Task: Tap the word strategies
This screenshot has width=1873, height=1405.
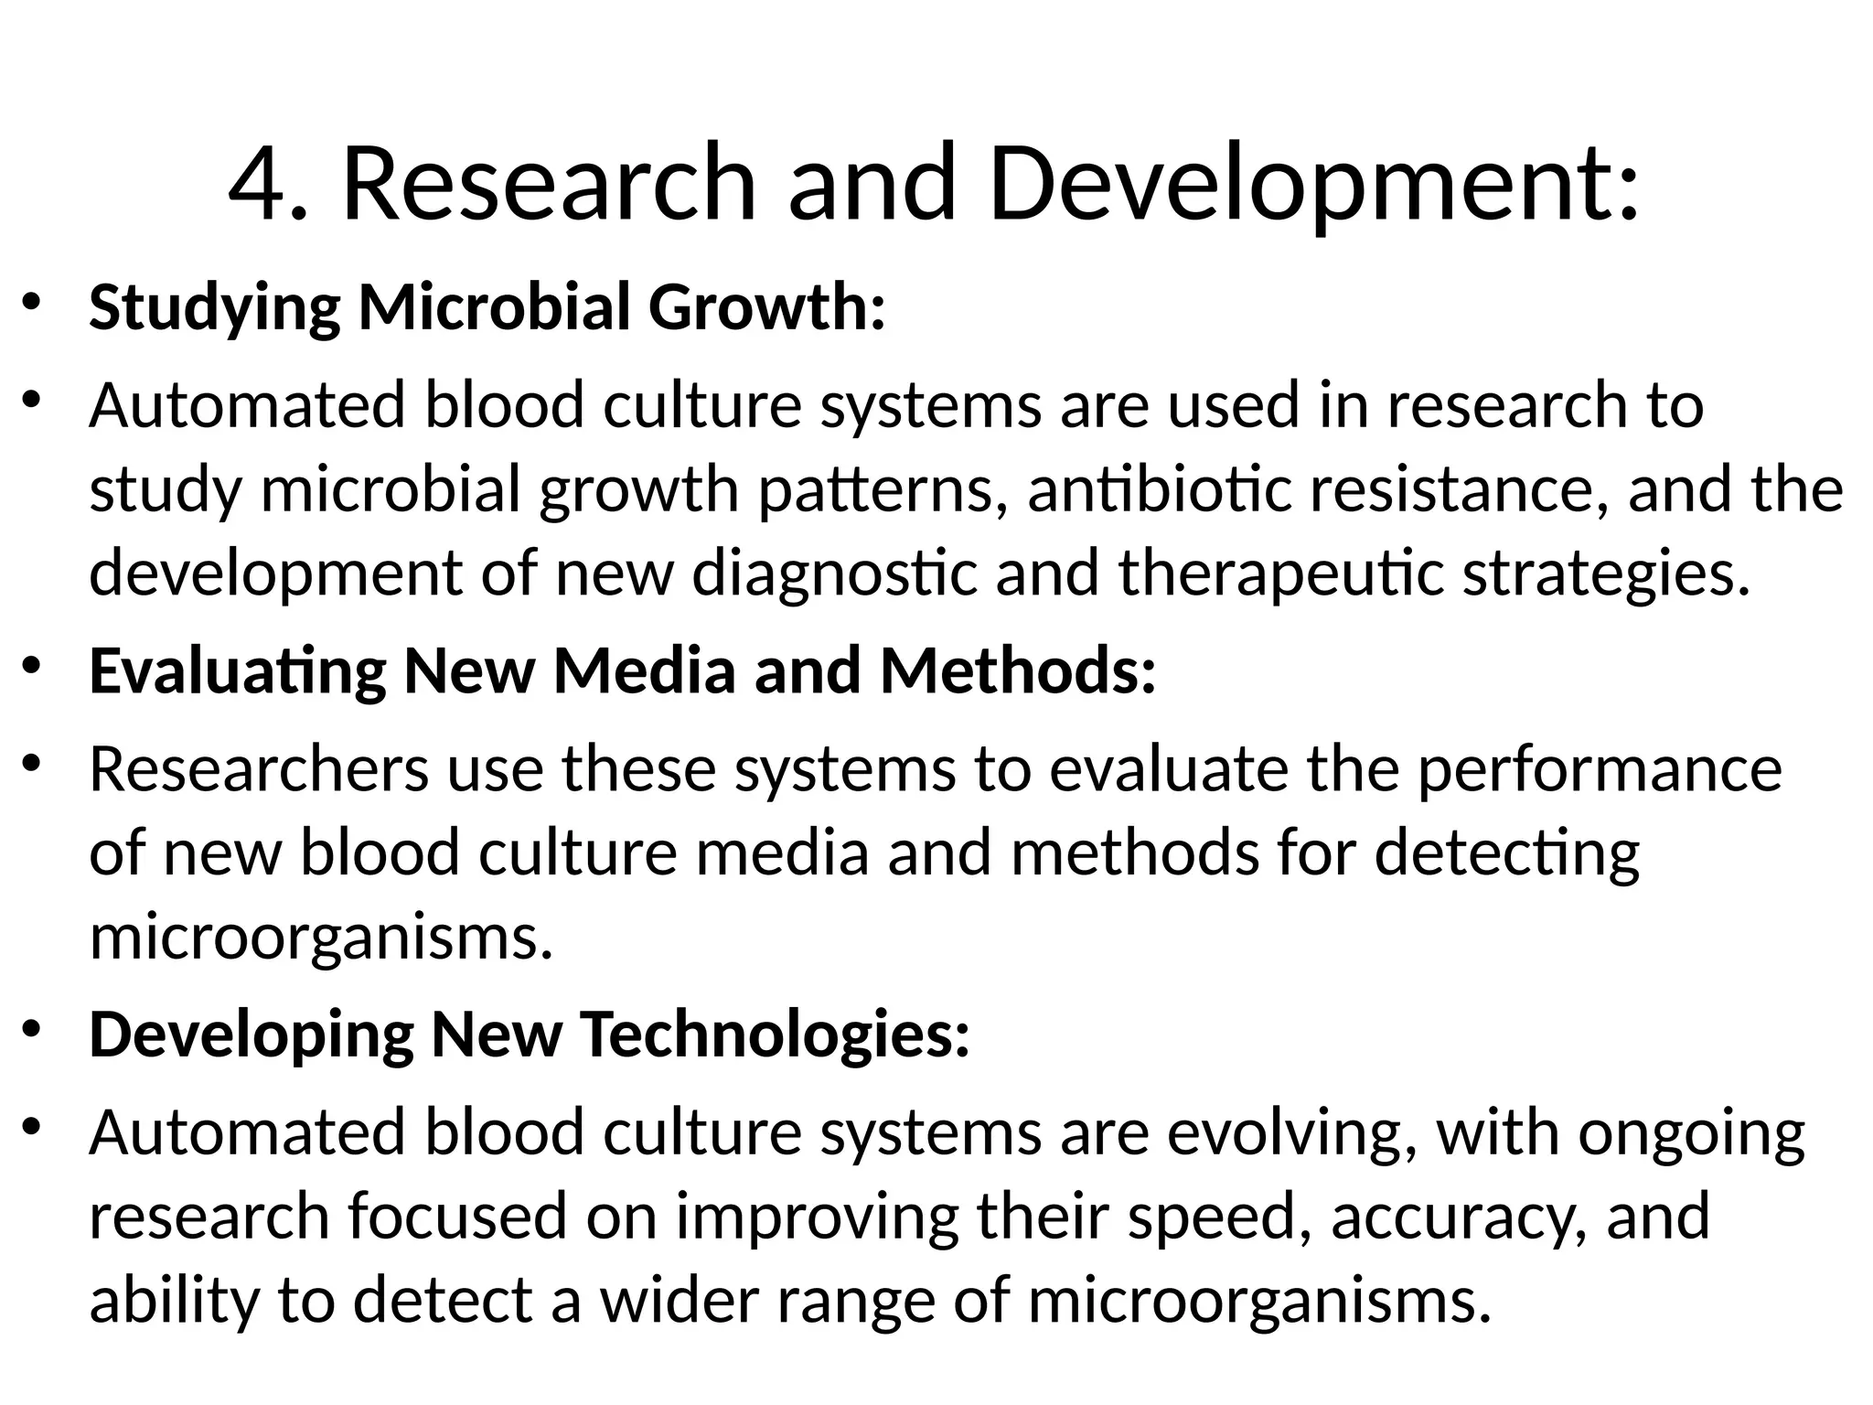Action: point(1606,574)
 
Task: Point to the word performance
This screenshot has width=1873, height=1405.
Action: point(1600,770)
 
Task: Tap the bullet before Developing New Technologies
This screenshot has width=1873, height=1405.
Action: point(32,1029)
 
